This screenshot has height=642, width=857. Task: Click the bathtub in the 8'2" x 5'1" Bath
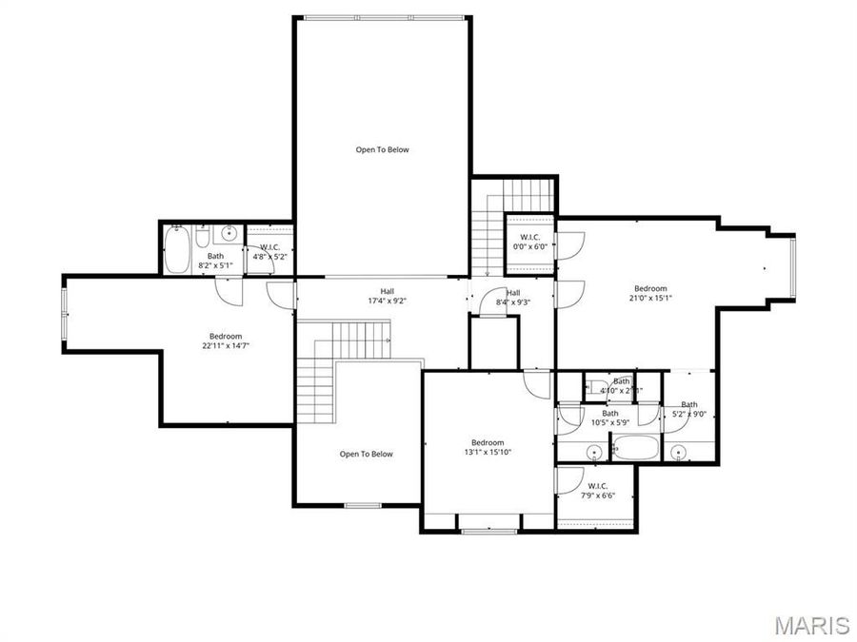[x=177, y=250]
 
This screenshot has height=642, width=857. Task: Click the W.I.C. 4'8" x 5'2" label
[x=269, y=251]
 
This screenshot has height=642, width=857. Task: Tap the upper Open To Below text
[x=382, y=149]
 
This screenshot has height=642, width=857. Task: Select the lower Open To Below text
[x=366, y=454]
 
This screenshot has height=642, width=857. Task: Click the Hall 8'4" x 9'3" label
[x=513, y=298]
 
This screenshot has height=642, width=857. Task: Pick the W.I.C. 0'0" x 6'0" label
[x=530, y=242]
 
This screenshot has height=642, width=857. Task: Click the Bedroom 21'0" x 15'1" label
[x=651, y=293]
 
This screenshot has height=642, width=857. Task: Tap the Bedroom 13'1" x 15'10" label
[x=487, y=447]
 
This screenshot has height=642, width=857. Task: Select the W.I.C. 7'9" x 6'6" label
[x=597, y=491]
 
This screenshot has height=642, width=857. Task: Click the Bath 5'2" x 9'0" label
[x=688, y=409]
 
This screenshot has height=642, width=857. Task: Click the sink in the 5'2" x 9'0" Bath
[x=679, y=450]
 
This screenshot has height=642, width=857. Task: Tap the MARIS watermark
[x=811, y=625]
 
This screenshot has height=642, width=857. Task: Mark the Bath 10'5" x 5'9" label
[x=609, y=418]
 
